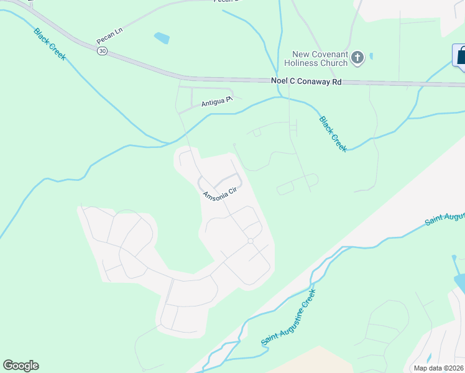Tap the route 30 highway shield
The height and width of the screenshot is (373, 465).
101,52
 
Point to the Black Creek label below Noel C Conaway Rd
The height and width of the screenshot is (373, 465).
333,134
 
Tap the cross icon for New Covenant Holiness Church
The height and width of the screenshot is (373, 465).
357,58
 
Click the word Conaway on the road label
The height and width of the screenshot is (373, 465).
307,81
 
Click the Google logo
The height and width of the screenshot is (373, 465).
21,366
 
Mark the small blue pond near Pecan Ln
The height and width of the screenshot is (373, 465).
162,39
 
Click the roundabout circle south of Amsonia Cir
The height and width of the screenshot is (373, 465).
251,241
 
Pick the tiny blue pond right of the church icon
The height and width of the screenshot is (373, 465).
371,56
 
